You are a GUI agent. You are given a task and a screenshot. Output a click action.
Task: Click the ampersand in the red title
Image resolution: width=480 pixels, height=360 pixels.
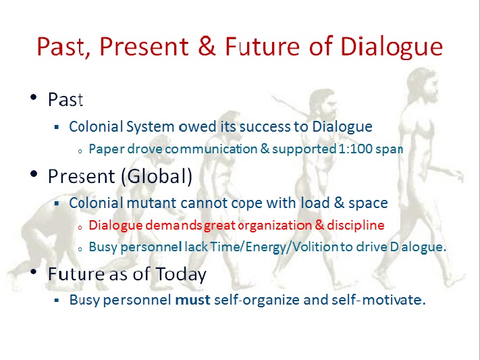[207, 46]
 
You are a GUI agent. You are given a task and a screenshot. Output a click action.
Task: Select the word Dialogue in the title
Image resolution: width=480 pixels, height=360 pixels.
[392, 47]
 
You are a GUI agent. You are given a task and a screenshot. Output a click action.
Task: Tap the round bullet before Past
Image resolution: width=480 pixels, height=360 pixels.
[34, 98]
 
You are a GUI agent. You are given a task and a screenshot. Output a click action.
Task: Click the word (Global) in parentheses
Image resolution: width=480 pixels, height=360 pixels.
[157, 176]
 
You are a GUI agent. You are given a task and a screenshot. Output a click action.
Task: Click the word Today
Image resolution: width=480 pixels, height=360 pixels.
[181, 274]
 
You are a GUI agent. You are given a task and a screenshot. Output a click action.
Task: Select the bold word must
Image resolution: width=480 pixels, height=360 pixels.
[193, 300]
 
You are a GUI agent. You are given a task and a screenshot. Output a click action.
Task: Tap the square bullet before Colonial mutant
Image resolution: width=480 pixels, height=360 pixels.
[56, 203]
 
